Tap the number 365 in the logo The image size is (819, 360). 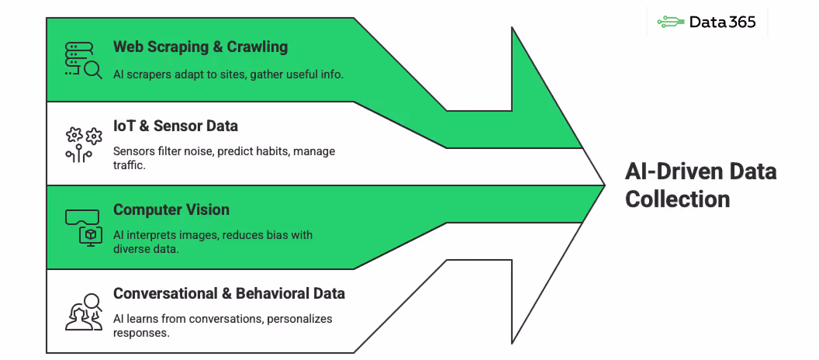(x=742, y=22)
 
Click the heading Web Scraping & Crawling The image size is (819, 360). (x=200, y=47)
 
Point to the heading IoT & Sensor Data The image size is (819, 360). (x=175, y=126)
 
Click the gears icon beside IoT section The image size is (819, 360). (x=83, y=144)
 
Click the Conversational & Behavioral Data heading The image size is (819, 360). (x=229, y=293)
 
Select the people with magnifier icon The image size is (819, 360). (x=83, y=311)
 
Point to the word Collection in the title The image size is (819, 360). (x=677, y=199)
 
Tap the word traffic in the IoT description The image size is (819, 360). (x=132, y=165)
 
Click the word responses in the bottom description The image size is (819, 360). (x=141, y=333)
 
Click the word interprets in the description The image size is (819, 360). (x=157, y=235)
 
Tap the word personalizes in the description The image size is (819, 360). (x=299, y=319)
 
